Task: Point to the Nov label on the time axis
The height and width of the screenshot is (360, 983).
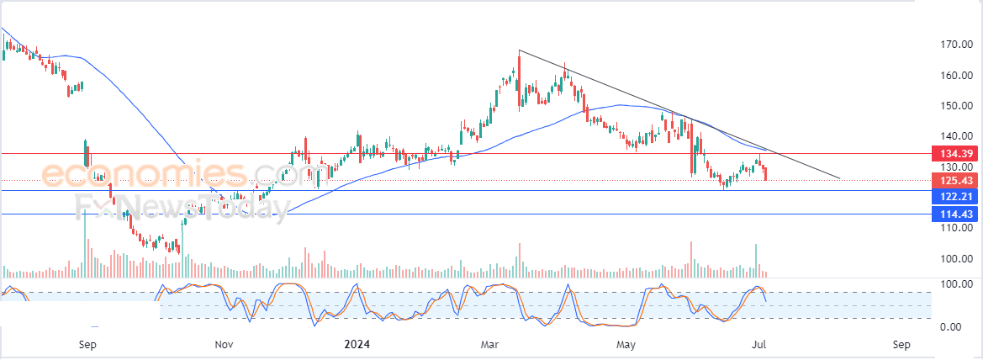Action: pos(223,344)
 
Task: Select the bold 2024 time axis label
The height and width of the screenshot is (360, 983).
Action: pos(357,344)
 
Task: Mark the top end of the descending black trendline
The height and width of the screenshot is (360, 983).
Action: pos(520,51)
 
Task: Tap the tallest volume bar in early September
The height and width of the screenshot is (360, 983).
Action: pos(85,244)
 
